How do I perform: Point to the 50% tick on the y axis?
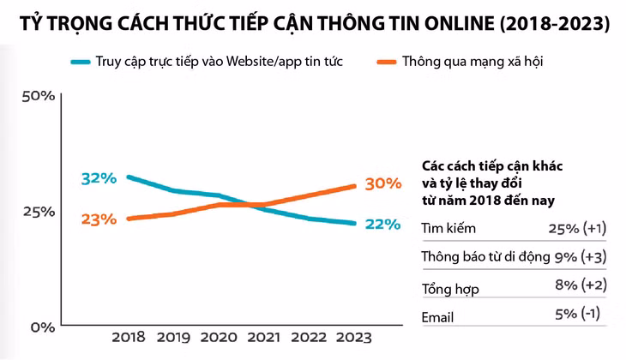pyautogui.click(x=38, y=95)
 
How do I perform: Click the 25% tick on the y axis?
pyautogui.click(x=38, y=211)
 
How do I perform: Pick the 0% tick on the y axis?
pyautogui.click(x=43, y=327)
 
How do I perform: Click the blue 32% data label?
pyautogui.click(x=98, y=178)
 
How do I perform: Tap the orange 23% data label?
pyautogui.click(x=98, y=219)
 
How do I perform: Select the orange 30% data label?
pyautogui.click(x=382, y=183)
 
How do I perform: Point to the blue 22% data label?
pyautogui.click(x=382, y=224)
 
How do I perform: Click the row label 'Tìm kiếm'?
pyautogui.click(x=448, y=228)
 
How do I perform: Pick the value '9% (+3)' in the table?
pyautogui.click(x=581, y=256)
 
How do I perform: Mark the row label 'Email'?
pyautogui.click(x=437, y=316)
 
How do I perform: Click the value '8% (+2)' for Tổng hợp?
pyautogui.click(x=581, y=286)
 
